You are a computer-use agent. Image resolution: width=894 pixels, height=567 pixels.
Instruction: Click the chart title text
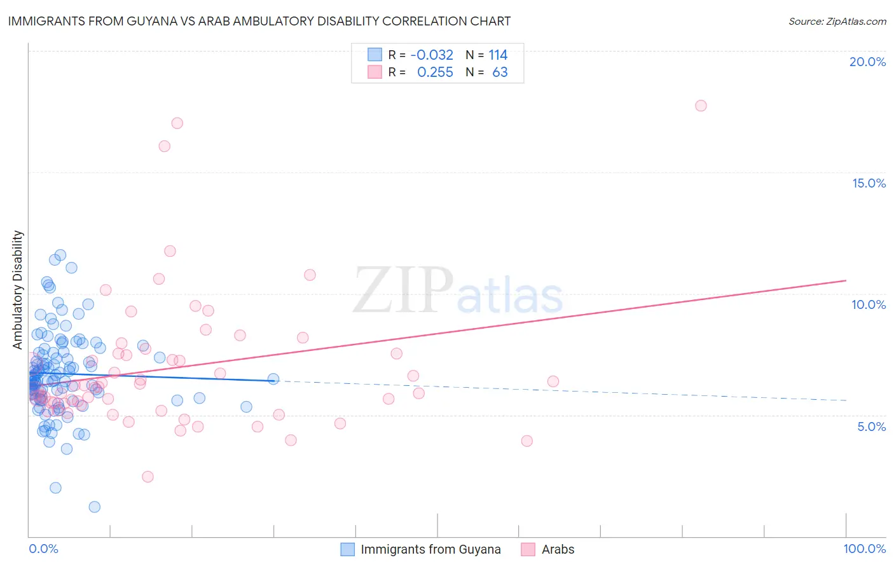pyautogui.click(x=259, y=21)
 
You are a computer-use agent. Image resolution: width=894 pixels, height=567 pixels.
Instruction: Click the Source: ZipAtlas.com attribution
pyautogui.click(x=837, y=21)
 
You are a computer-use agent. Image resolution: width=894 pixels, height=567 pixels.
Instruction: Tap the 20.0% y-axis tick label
pyautogui.click(x=867, y=62)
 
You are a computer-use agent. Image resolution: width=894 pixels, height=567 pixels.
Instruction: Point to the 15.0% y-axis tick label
pyautogui.click(x=869, y=183)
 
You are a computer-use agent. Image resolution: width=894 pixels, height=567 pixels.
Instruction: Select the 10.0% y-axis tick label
pyautogui.click(x=869, y=304)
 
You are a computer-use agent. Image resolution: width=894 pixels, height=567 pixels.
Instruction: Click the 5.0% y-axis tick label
pyautogui.click(x=871, y=427)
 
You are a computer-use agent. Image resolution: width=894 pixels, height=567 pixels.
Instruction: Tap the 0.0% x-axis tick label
pyautogui.click(x=43, y=549)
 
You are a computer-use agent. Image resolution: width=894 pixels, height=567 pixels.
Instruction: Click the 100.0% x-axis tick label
pyautogui.click(x=864, y=549)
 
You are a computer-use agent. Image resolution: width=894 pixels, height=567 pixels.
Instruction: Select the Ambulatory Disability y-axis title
pyautogui.click(x=18, y=290)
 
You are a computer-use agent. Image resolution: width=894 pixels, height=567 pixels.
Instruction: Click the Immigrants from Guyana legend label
pyautogui.click(x=430, y=549)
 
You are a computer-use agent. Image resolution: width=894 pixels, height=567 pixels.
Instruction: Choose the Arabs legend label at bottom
pyautogui.click(x=558, y=549)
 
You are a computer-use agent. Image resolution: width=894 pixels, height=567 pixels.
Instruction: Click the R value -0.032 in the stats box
pyautogui.click(x=432, y=55)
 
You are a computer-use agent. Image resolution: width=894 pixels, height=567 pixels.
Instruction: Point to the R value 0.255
pyautogui.click(x=435, y=72)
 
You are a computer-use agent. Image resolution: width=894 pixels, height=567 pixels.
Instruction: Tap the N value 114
pyautogui.click(x=498, y=55)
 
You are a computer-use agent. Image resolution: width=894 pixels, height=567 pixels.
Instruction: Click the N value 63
pyautogui.click(x=500, y=72)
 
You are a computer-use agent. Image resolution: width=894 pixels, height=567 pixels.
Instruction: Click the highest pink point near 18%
pyautogui.click(x=701, y=106)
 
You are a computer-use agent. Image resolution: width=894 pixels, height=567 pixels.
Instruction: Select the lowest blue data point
pyautogui.click(x=94, y=507)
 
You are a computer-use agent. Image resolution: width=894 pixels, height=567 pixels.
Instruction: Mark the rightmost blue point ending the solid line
pyautogui.click(x=273, y=379)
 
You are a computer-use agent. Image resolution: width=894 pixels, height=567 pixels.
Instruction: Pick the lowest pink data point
pyautogui.click(x=148, y=477)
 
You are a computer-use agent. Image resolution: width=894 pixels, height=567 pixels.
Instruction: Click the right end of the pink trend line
pyautogui.click(x=846, y=280)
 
